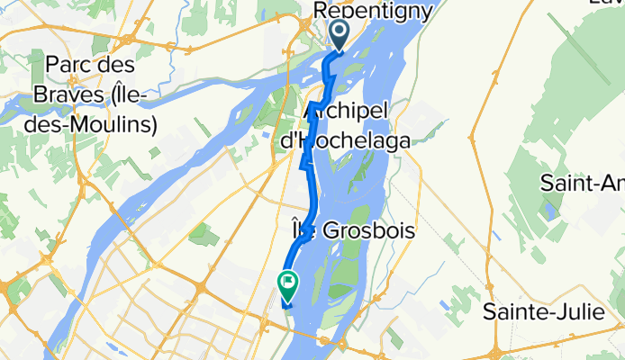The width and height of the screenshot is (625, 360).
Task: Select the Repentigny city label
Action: [x=373, y=9]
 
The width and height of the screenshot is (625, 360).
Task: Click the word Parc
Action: [x=71, y=66]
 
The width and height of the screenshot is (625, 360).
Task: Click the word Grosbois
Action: [x=371, y=230]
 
